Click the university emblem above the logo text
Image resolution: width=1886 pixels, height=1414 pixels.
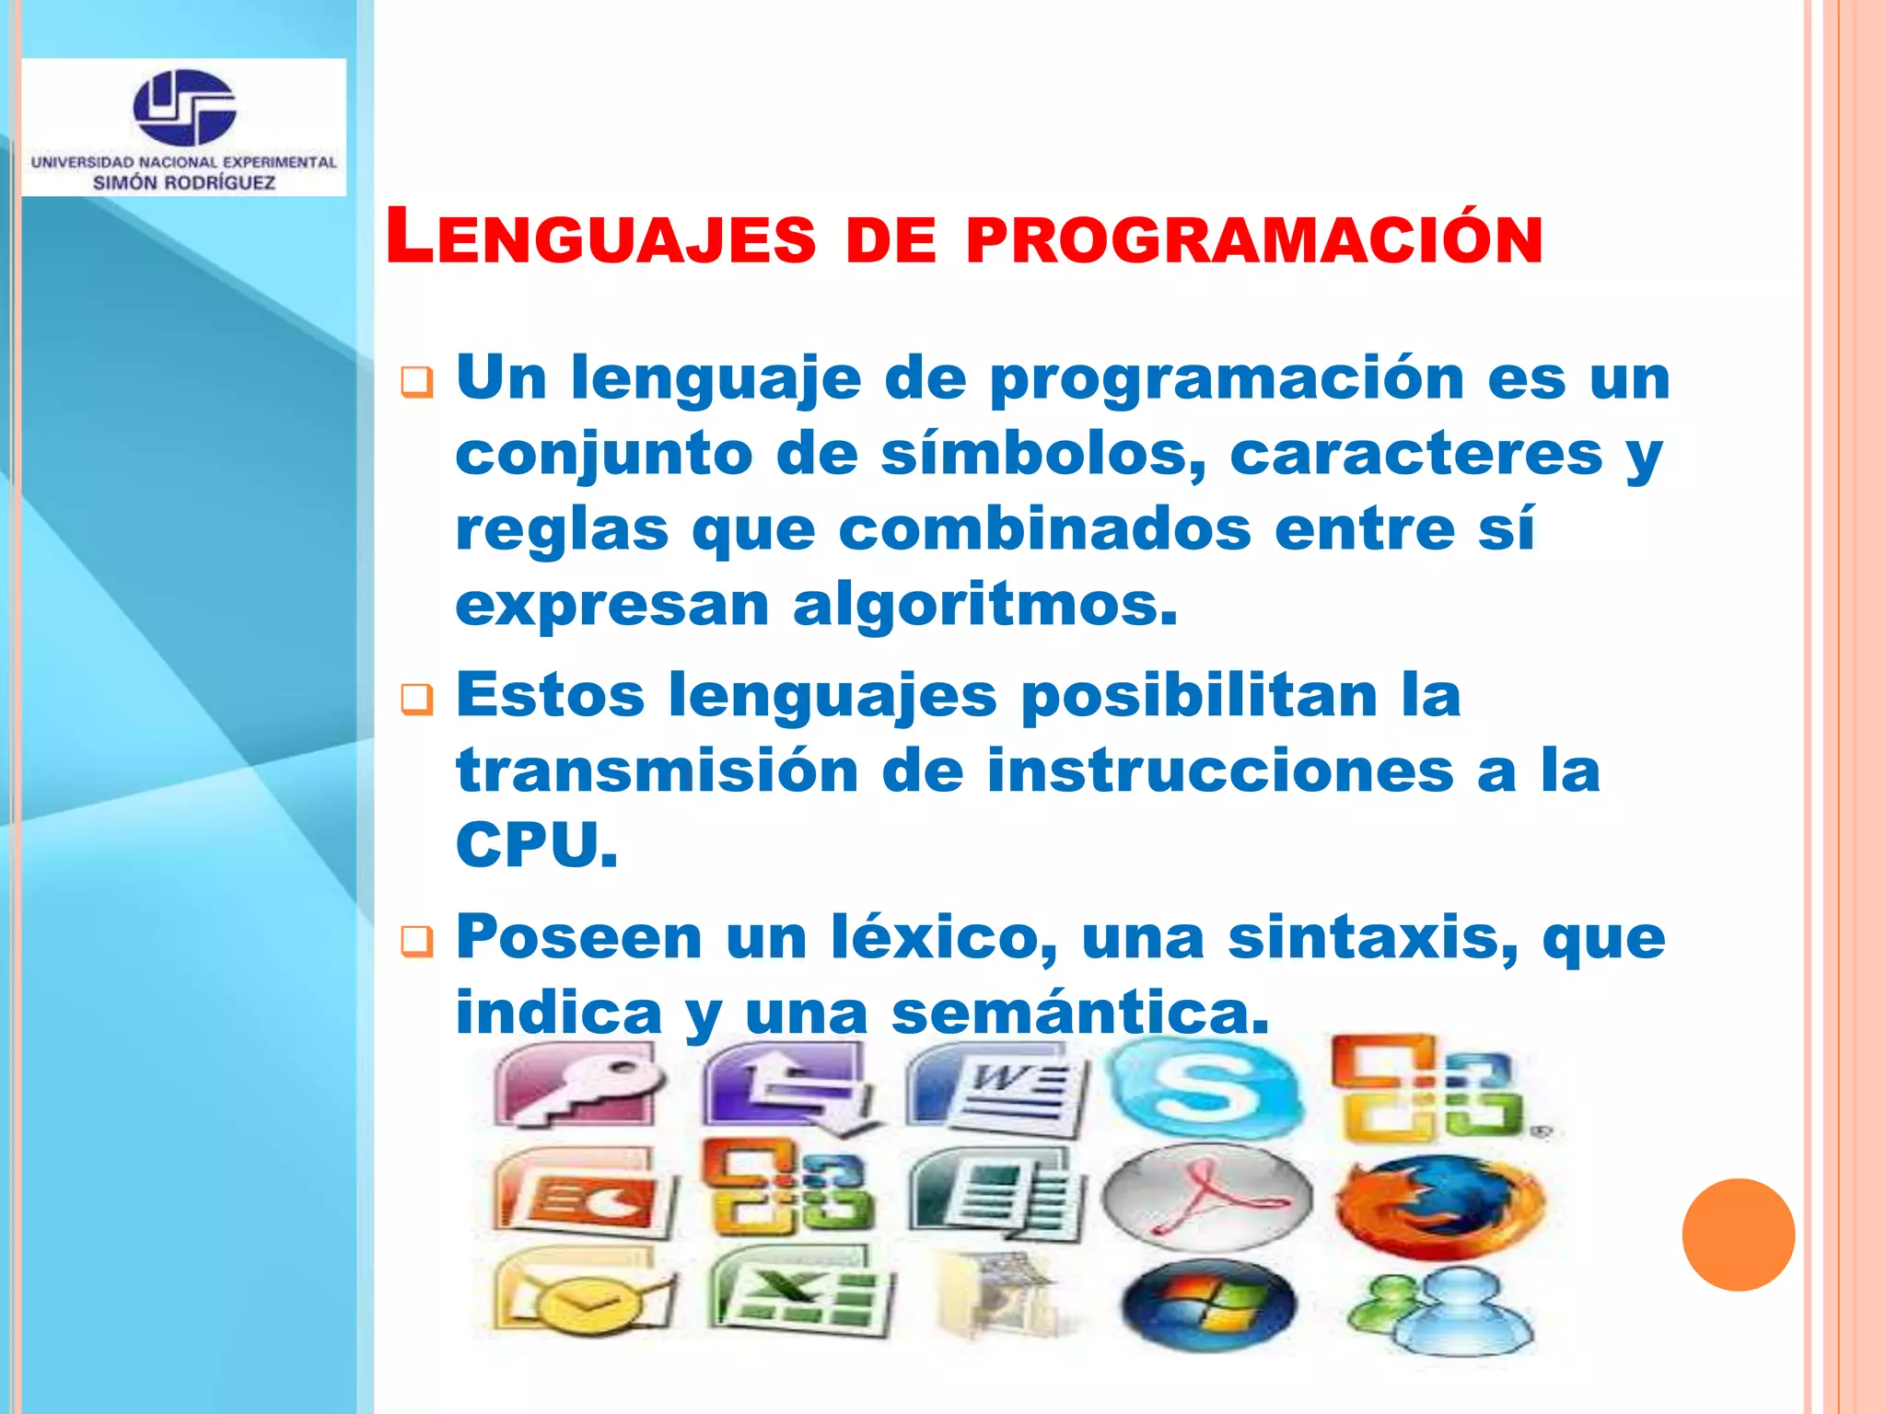[184, 107]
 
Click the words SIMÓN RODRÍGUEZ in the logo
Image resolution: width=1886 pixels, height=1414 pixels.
[184, 182]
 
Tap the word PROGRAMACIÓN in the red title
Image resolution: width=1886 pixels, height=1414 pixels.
[1254, 240]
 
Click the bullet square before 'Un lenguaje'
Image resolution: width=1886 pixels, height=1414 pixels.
[416, 381]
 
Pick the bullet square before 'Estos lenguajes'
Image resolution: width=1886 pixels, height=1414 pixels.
[416, 699]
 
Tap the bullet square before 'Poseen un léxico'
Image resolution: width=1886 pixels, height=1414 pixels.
[416, 941]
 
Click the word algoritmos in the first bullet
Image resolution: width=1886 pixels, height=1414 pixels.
[984, 605]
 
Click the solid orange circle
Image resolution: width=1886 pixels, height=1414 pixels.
[1738, 1234]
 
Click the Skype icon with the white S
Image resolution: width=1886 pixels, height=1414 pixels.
[1205, 1087]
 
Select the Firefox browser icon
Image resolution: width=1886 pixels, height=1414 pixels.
[1440, 1207]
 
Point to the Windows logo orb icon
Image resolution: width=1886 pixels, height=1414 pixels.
[1207, 1306]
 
